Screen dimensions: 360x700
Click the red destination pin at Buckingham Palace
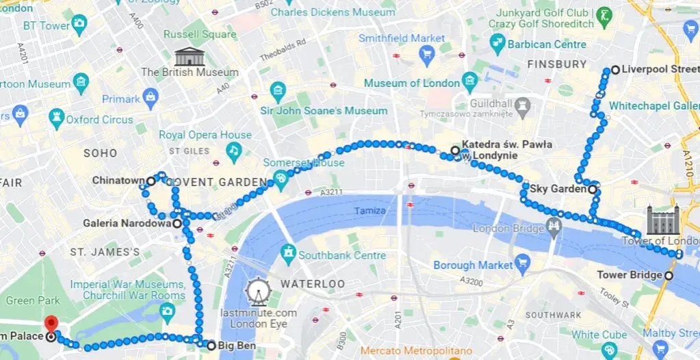[51, 324]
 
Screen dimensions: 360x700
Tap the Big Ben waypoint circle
[211, 346]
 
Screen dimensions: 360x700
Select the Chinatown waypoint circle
[151, 181]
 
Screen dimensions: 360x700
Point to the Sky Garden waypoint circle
[592, 189]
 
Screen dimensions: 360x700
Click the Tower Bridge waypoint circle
[669, 275]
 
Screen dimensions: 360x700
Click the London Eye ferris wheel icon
[257, 292]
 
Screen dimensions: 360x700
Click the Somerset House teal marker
[279, 179]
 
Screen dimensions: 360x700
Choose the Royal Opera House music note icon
[234, 151]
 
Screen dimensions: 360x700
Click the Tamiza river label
[369, 210]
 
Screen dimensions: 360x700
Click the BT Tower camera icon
[80, 26]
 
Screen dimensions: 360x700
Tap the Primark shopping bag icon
[151, 99]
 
